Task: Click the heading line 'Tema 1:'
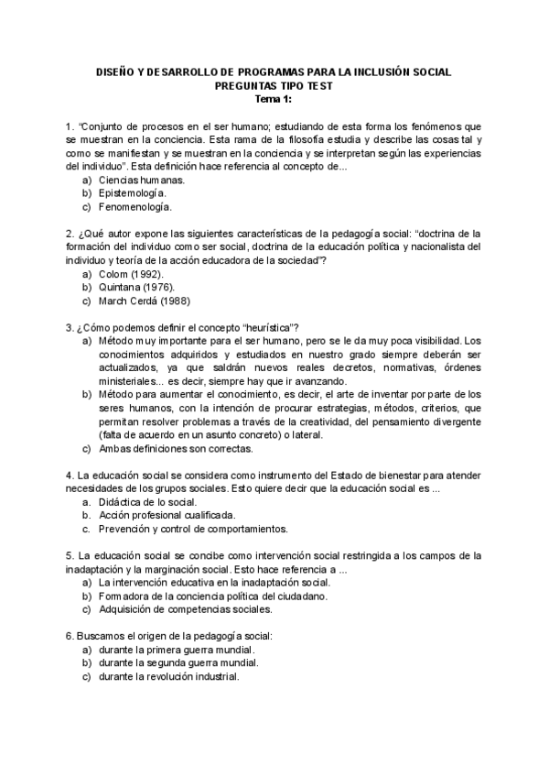tap(274, 99)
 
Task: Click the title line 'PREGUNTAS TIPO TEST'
tap(274, 86)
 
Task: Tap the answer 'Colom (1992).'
tap(131, 273)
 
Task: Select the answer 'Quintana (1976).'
tap(135, 287)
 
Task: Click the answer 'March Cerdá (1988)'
tap(144, 301)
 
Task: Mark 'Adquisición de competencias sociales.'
tap(185, 608)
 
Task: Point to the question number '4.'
tap(70, 475)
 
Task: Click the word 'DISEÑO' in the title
tap(116, 72)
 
